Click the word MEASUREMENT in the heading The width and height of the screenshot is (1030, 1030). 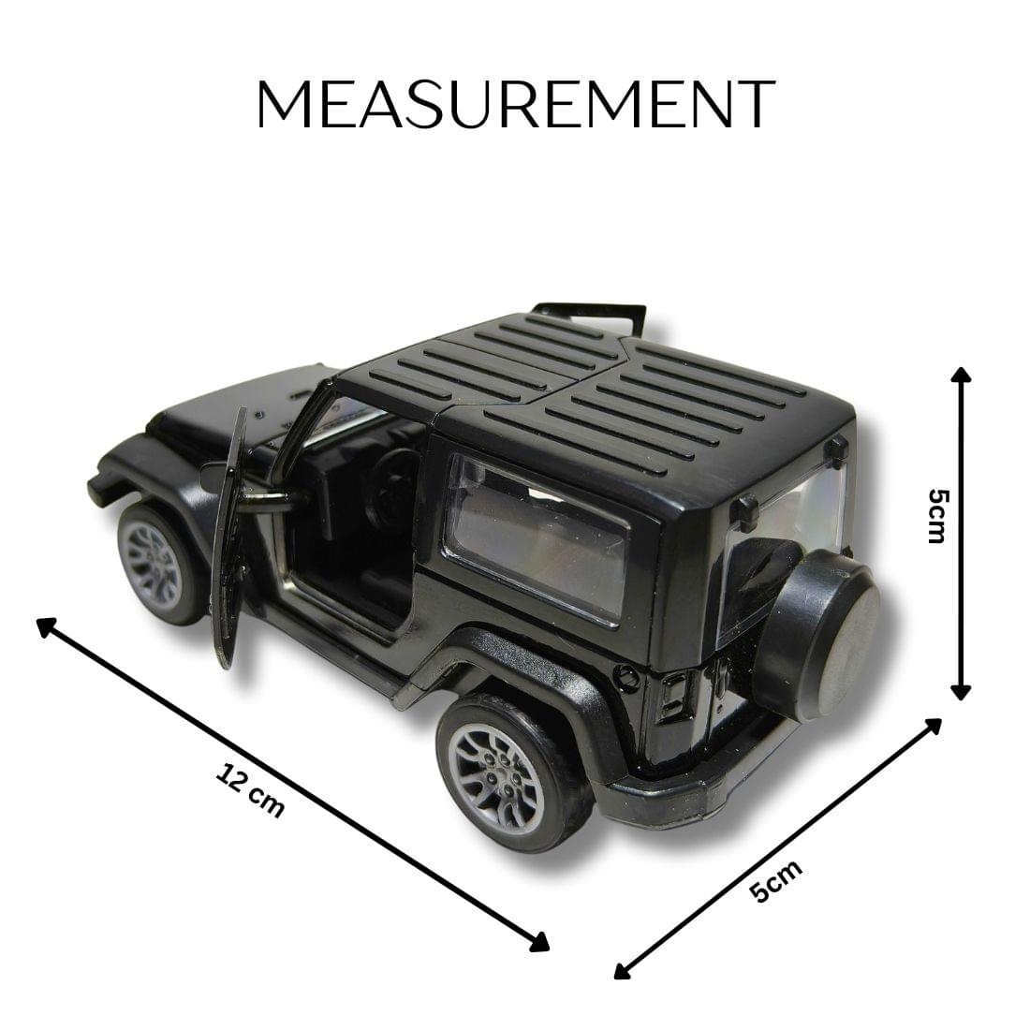516,104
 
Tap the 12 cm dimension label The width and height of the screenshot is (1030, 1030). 250,791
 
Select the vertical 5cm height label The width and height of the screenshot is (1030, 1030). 935,515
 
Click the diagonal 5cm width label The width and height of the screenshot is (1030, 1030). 777,881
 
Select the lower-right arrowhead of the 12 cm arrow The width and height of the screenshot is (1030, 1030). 540,944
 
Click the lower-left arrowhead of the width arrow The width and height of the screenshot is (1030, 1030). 621,971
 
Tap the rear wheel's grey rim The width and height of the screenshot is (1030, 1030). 495,765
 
